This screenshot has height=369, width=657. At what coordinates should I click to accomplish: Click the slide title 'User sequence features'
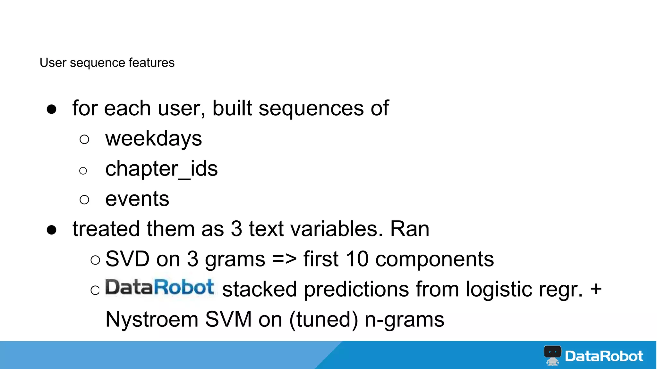[x=107, y=62]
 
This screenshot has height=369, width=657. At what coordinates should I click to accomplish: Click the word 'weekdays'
[x=153, y=138]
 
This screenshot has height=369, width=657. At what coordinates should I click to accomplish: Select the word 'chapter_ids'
[x=161, y=169]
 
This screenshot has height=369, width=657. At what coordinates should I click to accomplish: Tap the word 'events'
[x=137, y=199]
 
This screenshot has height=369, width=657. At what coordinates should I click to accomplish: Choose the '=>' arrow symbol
[x=284, y=259]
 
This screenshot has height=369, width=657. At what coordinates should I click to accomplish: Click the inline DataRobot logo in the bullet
[x=159, y=287]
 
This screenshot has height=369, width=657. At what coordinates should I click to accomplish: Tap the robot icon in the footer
[x=552, y=355]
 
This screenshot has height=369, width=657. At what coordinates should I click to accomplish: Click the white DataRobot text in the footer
[x=604, y=356]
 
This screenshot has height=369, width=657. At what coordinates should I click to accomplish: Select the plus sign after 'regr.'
[x=596, y=289]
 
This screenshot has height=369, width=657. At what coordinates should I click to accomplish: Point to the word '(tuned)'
[x=323, y=319]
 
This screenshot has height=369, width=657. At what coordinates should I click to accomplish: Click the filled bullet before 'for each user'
[x=52, y=109]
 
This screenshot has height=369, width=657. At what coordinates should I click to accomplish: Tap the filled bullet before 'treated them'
[x=52, y=230]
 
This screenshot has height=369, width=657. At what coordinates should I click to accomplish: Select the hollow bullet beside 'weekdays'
[x=84, y=139]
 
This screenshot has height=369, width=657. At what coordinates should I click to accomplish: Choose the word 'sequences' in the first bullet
[x=311, y=108]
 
